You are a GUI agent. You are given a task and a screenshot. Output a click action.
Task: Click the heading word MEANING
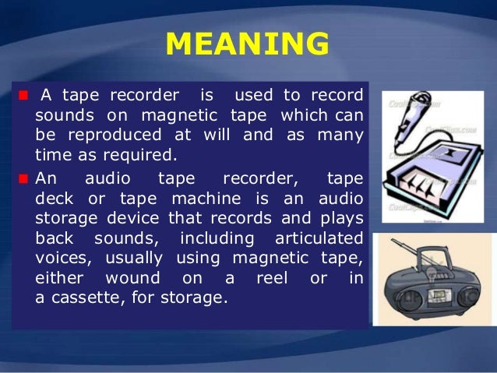tap(247, 45)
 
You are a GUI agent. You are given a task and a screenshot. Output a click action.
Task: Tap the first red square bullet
tap(22, 97)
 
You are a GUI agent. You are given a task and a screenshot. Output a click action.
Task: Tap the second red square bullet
tap(22, 178)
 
